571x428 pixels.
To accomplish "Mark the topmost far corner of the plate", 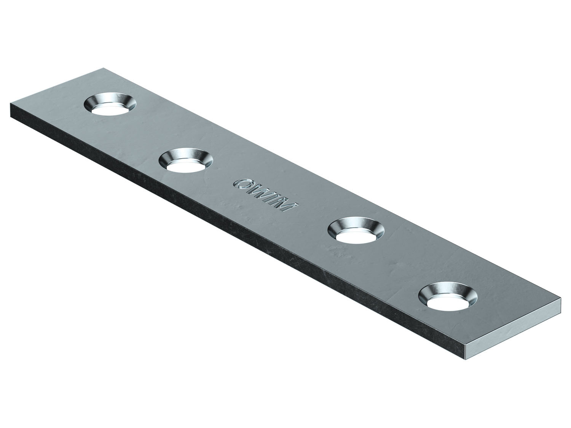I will pos(104,68).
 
